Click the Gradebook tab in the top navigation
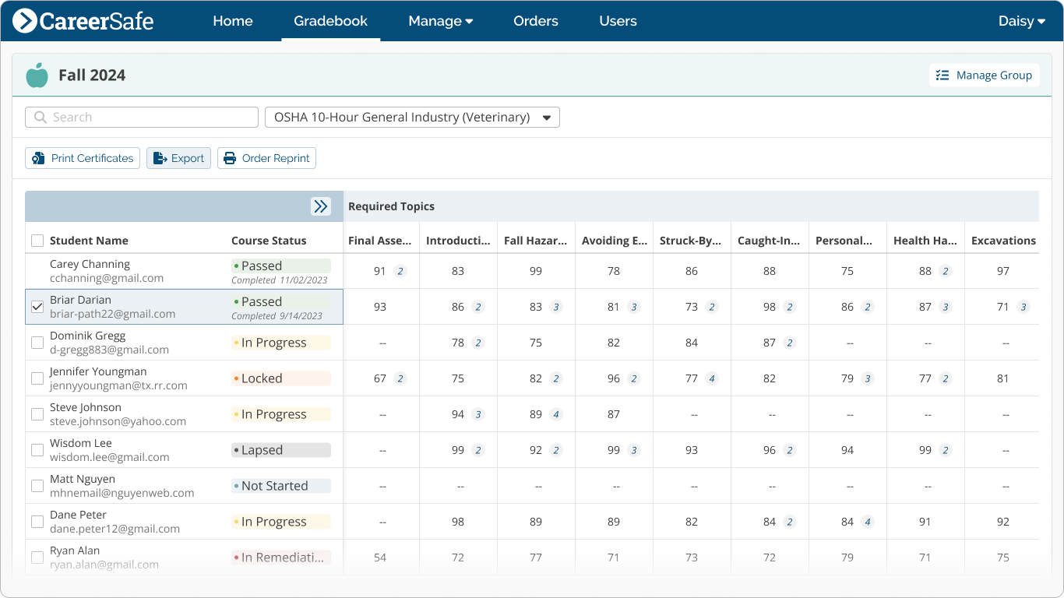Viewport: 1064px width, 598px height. [330, 21]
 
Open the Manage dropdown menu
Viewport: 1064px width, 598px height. [440, 21]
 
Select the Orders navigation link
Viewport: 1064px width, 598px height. [535, 21]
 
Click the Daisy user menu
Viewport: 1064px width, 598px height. [1021, 21]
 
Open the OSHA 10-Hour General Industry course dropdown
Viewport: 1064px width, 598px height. [412, 118]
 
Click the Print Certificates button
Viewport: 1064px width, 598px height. [83, 158]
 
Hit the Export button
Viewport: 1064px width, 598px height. [178, 158]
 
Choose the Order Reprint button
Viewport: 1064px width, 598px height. [266, 158]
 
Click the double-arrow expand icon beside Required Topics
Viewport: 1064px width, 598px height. [320, 206]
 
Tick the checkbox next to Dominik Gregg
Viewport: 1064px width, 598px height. [37, 343]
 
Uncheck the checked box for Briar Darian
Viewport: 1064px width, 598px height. [37, 307]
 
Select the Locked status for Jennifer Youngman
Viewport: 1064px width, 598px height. [280, 378]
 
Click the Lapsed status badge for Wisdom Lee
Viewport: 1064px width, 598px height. [280, 450]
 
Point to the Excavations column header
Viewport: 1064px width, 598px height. [1003, 241]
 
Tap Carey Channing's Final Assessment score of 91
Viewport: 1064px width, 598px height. [380, 271]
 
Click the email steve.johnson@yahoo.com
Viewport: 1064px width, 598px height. [118, 421]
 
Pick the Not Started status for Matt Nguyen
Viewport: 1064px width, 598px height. [280, 486]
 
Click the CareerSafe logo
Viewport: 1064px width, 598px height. [83, 21]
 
